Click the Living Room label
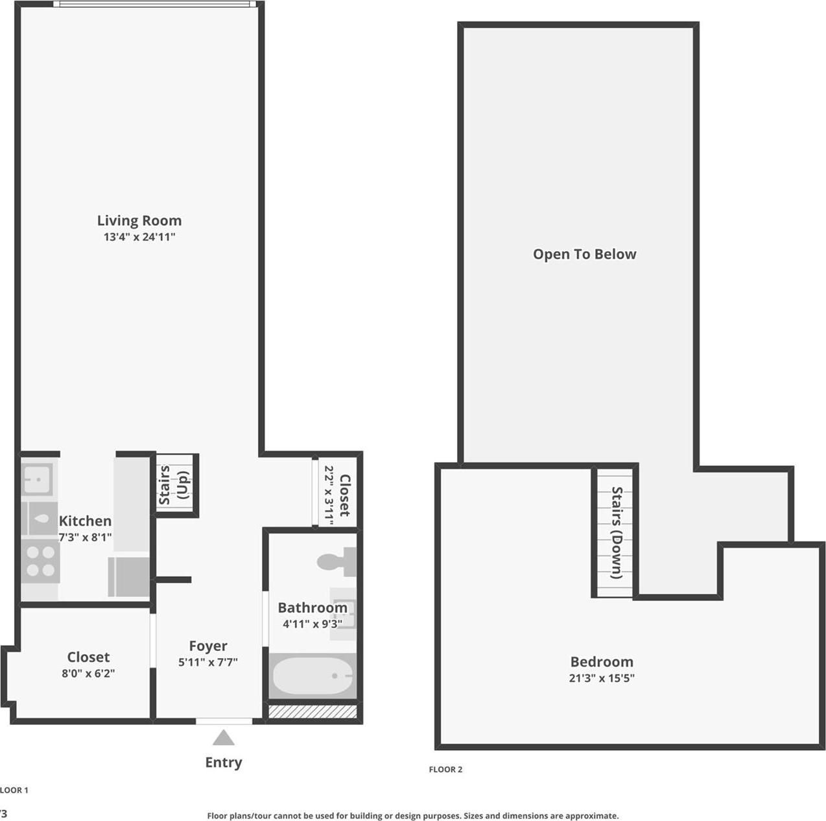[139, 221]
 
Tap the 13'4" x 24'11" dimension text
[139, 237]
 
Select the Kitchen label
[85, 521]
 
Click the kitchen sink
[37, 480]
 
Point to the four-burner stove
[40, 562]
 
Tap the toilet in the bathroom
[337, 561]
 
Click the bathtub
[313, 676]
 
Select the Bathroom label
[313, 607]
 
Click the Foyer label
[208, 646]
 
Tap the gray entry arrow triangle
[224, 738]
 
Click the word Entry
[224, 762]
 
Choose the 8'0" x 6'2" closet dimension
[88, 674]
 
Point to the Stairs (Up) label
[174, 485]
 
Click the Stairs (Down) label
[617, 533]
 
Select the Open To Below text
[585, 254]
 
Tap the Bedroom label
[602, 662]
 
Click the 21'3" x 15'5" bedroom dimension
[602, 678]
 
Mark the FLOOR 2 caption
[445, 770]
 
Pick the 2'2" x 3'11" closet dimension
[329, 495]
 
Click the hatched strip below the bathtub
[313, 712]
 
